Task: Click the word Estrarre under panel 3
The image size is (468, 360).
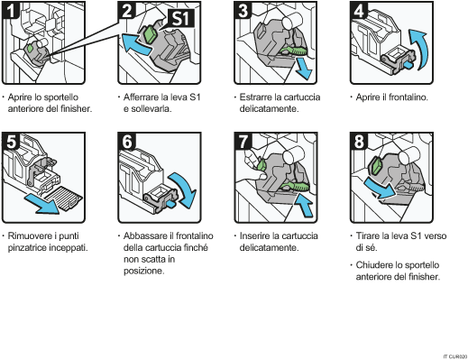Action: coord(259,97)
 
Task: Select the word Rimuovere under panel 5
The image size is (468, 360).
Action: coord(32,236)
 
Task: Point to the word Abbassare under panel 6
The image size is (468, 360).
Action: coord(148,236)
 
